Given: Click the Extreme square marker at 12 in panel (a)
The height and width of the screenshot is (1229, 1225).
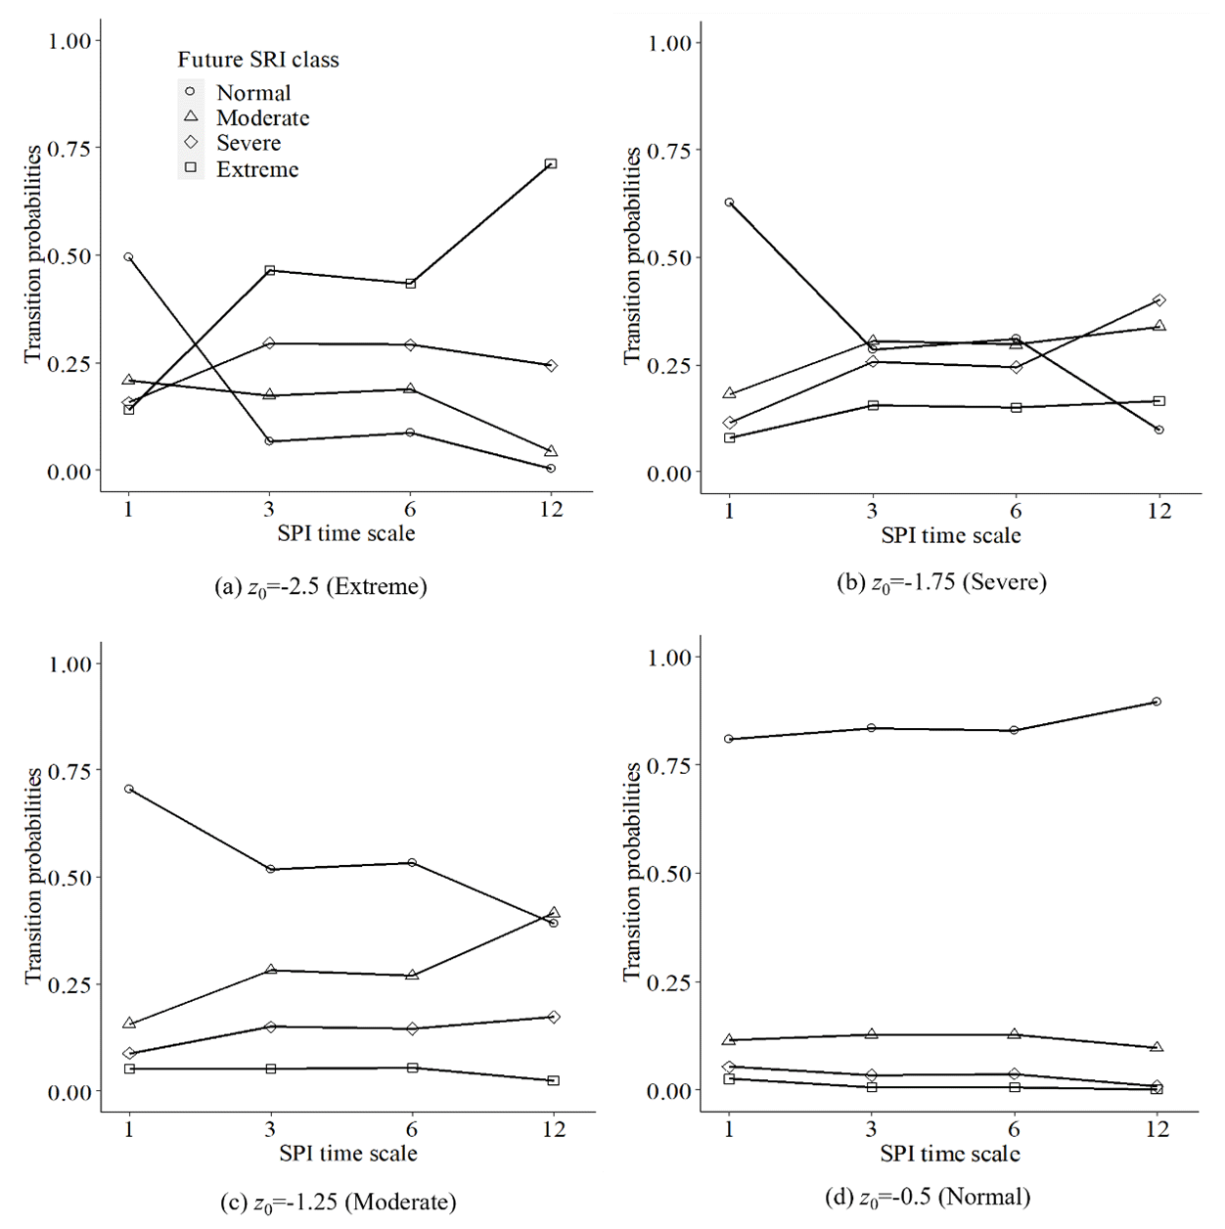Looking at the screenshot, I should (551, 163).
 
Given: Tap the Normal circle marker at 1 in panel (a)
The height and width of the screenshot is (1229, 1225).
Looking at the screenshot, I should (128, 257).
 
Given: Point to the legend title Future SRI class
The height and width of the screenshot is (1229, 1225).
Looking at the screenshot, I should (258, 60).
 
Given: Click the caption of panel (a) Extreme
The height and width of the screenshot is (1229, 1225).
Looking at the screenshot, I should (320, 587).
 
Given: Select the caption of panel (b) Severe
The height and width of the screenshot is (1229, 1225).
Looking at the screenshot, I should (941, 583).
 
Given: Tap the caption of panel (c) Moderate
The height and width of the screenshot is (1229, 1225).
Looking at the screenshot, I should (338, 1203).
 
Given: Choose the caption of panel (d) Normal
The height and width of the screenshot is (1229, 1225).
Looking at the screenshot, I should (928, 1197).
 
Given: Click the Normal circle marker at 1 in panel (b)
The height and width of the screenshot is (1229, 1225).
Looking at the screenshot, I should (729, 203).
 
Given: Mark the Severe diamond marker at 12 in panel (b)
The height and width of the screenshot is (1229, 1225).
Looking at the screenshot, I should (1159, 300).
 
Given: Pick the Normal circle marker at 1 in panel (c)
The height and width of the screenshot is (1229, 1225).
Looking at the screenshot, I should (129, 789).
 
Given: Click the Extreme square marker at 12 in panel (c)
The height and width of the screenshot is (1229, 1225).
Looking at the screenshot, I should (554, 1080).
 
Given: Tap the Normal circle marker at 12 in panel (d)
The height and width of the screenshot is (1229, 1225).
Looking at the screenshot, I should (1157, 702).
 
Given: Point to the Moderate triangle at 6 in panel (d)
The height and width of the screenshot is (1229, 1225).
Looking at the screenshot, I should (1015, 1033).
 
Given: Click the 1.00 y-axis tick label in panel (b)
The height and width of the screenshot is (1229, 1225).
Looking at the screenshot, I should (669, 43).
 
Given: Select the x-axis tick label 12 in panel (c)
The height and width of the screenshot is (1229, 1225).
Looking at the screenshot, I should (554, 1129).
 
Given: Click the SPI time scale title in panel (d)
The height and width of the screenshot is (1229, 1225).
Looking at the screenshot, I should (949, 1154).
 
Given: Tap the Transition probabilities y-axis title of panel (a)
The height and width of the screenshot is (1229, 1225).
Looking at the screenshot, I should (33, 254).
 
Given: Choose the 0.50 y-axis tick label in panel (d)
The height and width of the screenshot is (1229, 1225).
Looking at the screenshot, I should (669, 874).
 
